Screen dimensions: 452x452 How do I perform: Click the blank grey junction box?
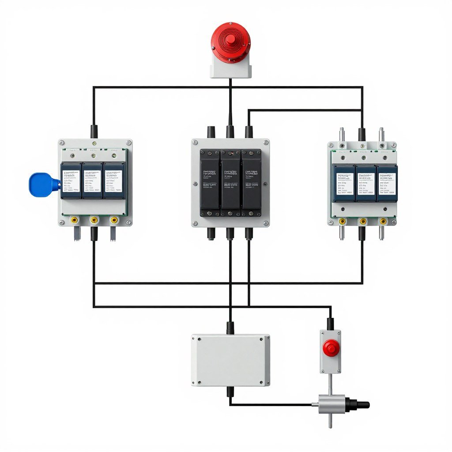tap(230, 360)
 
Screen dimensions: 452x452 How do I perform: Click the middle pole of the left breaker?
tap(92, 180)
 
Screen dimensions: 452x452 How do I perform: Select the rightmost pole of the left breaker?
tap(113, 180)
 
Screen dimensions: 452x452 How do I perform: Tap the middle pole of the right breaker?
tap(365, 183)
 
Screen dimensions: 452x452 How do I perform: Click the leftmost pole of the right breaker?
tap(344, 183)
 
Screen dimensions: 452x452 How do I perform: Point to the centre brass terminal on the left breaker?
tap(94, 219)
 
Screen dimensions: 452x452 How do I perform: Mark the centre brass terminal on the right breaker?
tap(363, 221)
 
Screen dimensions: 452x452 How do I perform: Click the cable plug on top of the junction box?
tap(230, 328)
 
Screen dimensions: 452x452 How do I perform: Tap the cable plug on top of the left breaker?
tap(94, 131)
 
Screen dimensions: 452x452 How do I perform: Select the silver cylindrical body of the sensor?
tap(329, 402)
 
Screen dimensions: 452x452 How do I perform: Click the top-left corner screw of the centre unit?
tap(195, 143)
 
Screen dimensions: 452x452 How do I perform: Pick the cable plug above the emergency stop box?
tap(330, 324)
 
